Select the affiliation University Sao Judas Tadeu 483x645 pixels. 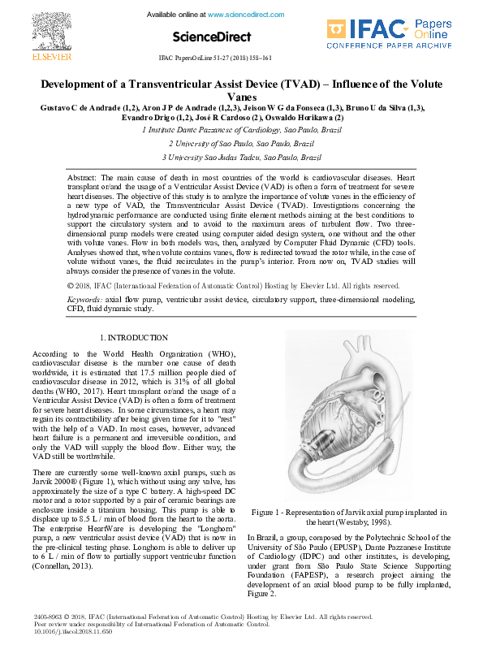[x=241, y=157]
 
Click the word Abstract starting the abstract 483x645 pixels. [x=82, y=176]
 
